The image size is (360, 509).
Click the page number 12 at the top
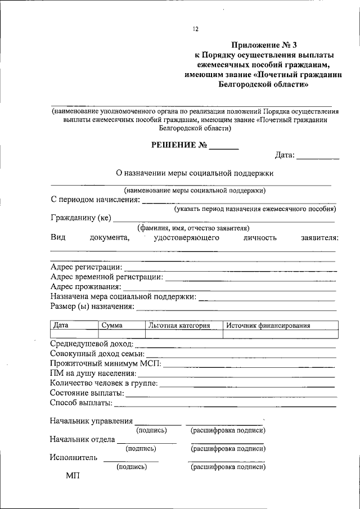195,29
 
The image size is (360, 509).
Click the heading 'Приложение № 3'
264,44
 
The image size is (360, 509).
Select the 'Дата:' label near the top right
285,155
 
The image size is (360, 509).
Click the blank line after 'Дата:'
317,156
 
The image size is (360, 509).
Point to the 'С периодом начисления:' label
95,199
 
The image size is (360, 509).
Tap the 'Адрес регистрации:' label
85,267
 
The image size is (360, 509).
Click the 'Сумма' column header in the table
112,326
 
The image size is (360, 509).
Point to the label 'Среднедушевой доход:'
92,344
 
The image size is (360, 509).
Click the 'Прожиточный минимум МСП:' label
105,363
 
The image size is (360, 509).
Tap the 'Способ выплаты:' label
81,403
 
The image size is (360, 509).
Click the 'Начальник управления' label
91,421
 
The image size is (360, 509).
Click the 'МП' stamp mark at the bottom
73,476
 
